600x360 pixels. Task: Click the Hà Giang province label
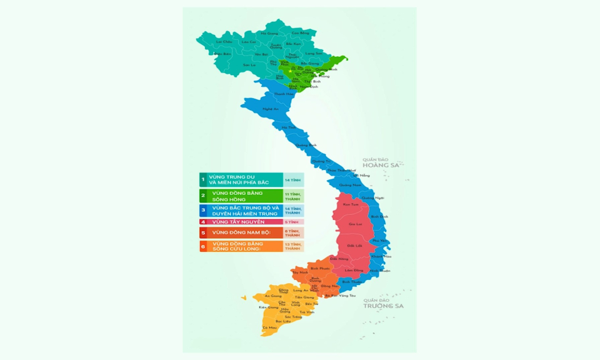[269, 33]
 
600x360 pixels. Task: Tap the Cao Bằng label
[301, 33]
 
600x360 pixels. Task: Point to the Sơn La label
[249, 65]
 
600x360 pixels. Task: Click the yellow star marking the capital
[290, 71]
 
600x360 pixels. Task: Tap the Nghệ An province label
[271, 109]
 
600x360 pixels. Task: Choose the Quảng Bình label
[302, 145]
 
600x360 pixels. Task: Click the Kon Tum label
[351, 204]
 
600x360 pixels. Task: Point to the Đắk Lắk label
[354, 246]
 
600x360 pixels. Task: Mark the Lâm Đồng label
[354, 270]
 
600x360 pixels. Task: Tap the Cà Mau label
[269, 327]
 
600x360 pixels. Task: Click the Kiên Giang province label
[269, 307]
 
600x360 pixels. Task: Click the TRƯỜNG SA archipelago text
[384, 306]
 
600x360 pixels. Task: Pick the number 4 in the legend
[203, 222]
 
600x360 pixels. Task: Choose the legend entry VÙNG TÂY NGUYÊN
[238, 222]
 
